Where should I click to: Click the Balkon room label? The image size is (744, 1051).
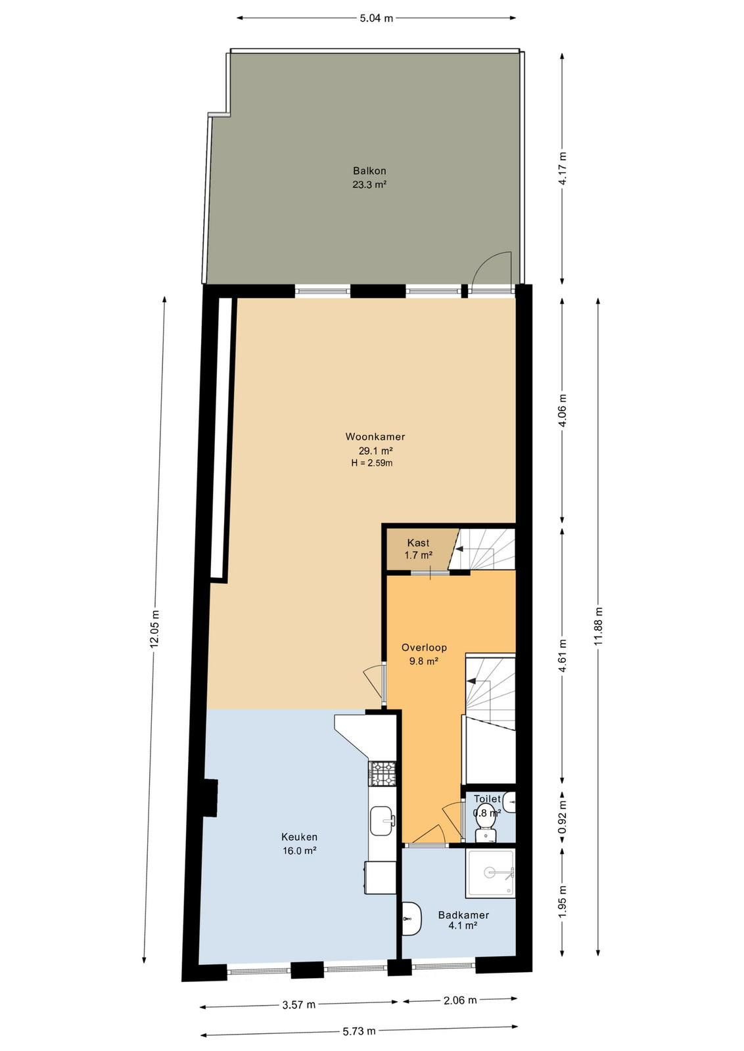[x=369, y=171]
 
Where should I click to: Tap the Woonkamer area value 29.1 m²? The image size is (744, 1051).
[x=375, y=451]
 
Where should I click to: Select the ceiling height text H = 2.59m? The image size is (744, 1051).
[x=372, y=464]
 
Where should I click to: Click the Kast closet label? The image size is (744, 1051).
[x=418, y=543]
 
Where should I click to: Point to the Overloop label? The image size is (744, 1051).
[x=424, y=648]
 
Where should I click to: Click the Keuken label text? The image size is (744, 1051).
[x=300, y=837]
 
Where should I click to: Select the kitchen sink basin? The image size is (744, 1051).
[x=383, y=821]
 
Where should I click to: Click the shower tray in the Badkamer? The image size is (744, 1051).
[x=490, y=873]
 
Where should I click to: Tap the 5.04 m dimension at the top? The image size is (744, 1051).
[x=376, y=18]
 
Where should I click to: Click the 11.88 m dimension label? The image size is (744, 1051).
[x=599, y=627]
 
